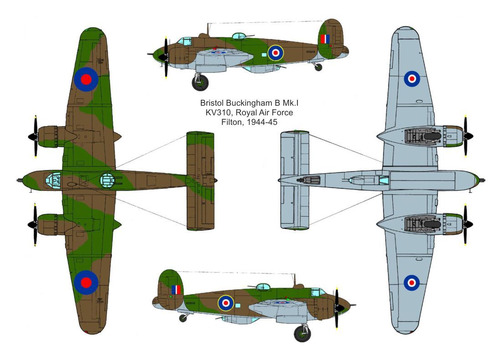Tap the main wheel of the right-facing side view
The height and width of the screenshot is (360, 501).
(302, 334)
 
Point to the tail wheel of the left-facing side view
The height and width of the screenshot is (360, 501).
(318, 67)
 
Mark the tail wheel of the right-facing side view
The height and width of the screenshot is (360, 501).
(183, 318)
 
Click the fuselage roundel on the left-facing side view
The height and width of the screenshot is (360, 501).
(275, 53)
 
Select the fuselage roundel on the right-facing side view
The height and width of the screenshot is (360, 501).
(225, 302)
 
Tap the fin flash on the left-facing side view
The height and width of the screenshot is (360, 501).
(325, 39)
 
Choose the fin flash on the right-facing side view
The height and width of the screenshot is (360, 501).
(176, 290)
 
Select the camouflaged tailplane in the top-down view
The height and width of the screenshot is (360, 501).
(200, 180)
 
